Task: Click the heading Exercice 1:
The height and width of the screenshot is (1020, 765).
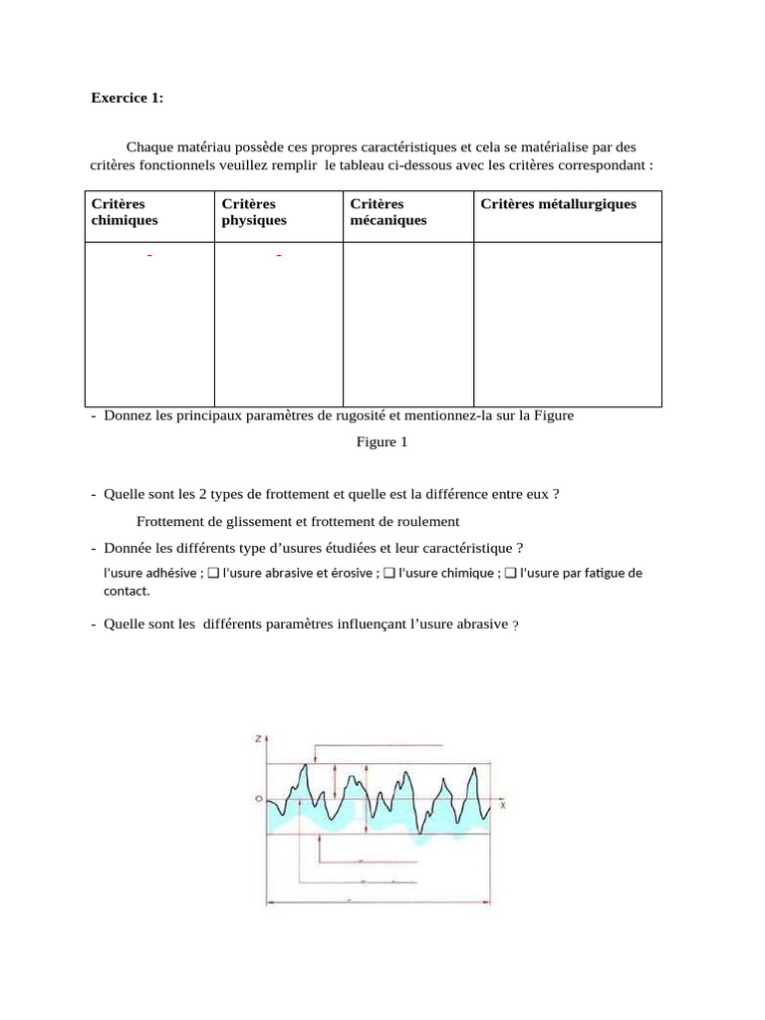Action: click(x=127, y=98)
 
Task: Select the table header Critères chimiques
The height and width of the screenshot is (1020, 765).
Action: click(x=125, y=212)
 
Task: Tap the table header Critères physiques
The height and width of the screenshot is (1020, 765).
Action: click(x=254, y=212)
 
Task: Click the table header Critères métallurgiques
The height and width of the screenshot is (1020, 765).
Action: click(x=558, y=204)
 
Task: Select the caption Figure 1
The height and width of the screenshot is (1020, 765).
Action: click(x=382, y=442)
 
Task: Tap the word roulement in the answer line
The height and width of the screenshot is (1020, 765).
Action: click(x=426, y=521)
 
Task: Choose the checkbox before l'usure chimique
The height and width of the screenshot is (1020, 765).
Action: click(x=389, y=573)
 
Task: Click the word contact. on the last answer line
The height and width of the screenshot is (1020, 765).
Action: click(x=127, y=591)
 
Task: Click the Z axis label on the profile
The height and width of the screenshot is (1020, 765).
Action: click(x=258, y=739)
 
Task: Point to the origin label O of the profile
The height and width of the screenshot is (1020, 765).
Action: click(x=258, y=799)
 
